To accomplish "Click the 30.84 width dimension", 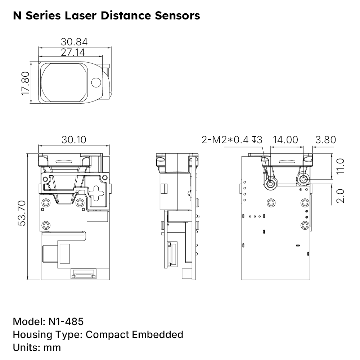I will pos(74,42).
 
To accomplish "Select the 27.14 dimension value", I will pos(73,52).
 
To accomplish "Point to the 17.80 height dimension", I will pos(25,83).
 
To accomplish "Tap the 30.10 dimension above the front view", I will pos(74,140).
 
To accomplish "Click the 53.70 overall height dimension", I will pos(22,213).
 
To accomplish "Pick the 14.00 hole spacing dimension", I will pos(285,140).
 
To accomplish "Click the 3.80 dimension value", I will pos(325,140).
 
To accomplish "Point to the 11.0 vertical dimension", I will pos(340,166).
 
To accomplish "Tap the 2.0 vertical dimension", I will pos(340,195).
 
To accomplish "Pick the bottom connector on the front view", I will pos(84,275).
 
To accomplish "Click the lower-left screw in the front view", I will pos(46,226).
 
